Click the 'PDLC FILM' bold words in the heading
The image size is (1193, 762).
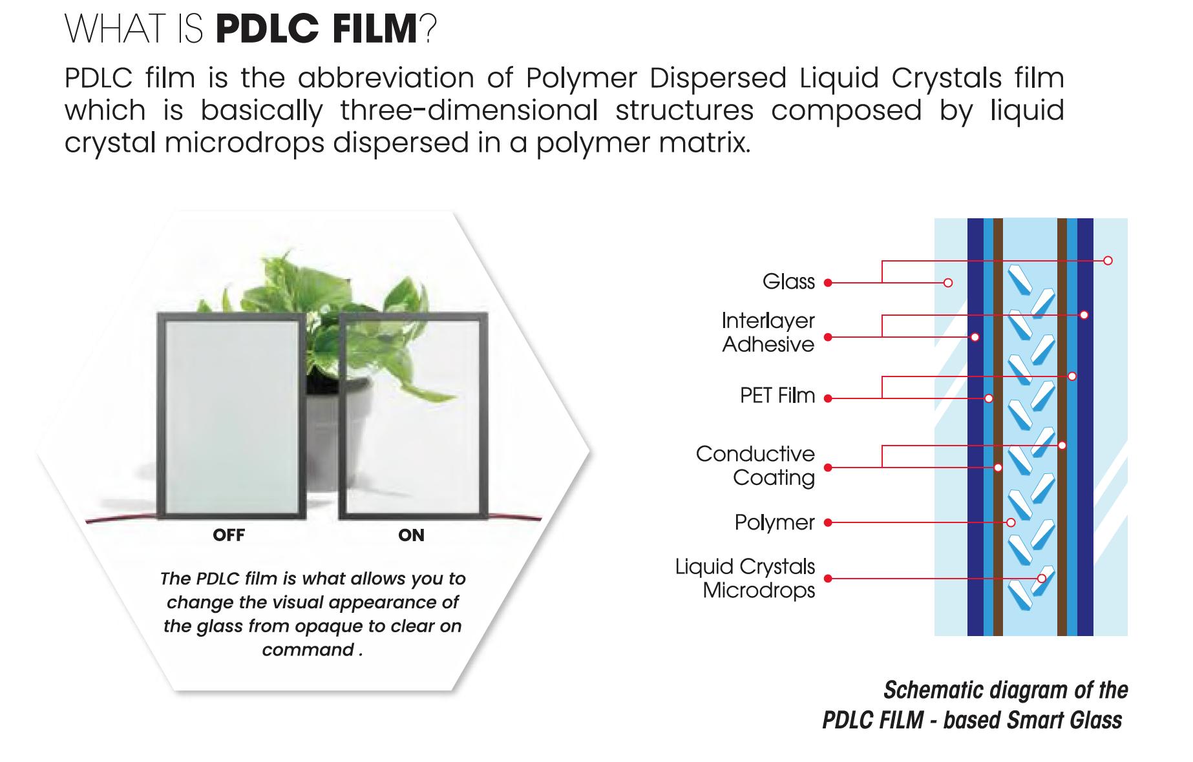[317, 29]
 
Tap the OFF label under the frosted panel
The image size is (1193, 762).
[229, 535]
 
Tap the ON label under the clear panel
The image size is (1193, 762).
[411, 535]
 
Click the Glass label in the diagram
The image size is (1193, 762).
[788, 282]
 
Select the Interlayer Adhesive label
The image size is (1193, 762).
[768, 333]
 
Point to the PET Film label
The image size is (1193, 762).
[777, 395]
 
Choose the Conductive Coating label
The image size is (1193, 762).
[755, 466]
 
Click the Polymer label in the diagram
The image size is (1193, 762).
[774, 522]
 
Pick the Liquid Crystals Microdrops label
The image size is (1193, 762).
[745, 578]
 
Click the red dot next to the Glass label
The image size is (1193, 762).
[828, 283]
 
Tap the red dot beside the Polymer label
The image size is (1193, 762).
[828, 522]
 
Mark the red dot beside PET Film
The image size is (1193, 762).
[828, 399]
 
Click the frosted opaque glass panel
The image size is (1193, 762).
[231, 417]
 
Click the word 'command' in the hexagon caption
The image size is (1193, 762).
[308, 650]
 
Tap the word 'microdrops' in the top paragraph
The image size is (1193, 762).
[244, 143]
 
